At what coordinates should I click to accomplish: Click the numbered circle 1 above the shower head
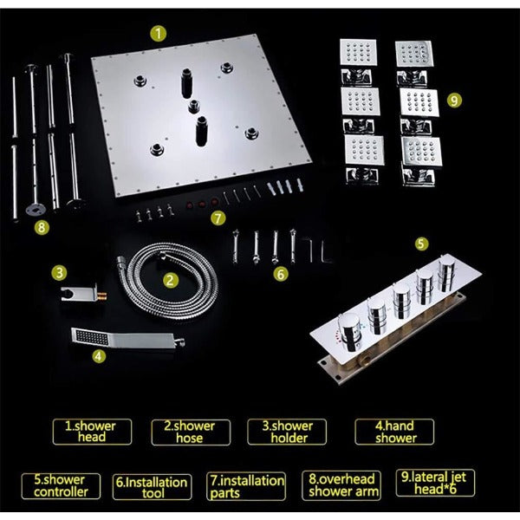coord(159,34)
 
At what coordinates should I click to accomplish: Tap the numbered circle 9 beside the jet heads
coord(454,100)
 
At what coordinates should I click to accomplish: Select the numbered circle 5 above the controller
coord(421,244)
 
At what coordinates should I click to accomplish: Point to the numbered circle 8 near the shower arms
coord(42,227)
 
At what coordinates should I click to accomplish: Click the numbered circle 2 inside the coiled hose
coord(171,281)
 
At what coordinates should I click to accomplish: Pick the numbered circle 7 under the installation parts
coord(218,218)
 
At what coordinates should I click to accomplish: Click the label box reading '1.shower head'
coord(92,432)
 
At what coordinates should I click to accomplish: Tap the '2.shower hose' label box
coord(191,432)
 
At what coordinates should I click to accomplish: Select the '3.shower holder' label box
coord(287,432)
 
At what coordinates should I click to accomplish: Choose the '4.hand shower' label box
coord(394,432)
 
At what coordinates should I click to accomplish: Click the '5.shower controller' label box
coord(61,486)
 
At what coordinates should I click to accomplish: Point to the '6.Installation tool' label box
coord(153,487)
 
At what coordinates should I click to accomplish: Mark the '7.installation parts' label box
coord(246,486)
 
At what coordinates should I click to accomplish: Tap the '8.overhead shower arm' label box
coord(341,485)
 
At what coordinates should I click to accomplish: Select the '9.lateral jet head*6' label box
coord(435,483)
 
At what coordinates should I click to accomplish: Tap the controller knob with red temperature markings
coord(350,332)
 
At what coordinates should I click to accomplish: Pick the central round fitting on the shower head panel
coord(194,107)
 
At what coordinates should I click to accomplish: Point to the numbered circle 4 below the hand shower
coord(99,357)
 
